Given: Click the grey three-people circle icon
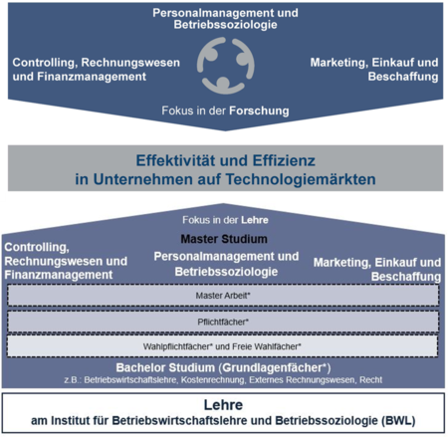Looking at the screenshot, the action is pos(226,66).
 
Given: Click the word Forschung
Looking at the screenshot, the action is pos(259,110).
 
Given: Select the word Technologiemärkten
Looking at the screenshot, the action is pos(301,179).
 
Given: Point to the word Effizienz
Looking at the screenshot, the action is pos(284,160).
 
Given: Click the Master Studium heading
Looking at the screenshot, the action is pos(224,239).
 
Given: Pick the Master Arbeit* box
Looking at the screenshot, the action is pos(223,296).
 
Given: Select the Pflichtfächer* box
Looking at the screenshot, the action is pos(223,322).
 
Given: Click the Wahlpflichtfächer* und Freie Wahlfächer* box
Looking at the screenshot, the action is pos(222,346).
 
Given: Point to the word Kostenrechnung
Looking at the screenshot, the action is pos(213,380).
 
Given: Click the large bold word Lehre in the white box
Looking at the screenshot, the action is pos(223,405).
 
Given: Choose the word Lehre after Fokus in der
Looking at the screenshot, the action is pos(255,220).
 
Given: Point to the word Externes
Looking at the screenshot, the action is pos(266,380).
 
